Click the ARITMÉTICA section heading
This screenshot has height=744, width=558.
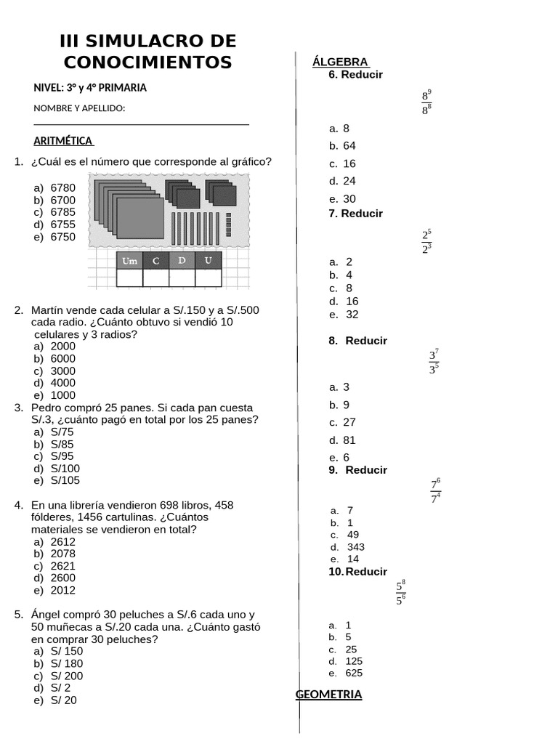pos(63,141)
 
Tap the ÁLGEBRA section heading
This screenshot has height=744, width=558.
pos(340,62)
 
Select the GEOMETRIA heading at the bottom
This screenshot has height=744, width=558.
pos(328,695)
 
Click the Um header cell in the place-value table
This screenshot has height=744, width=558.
pos(129,260)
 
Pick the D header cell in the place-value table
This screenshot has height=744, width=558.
pos(182,260)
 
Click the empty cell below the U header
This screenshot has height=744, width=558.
pos(208,278)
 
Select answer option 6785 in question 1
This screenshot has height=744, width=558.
pos(62,212)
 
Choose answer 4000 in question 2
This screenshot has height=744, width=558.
pos(62,383)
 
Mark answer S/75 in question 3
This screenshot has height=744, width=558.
pos(62,432)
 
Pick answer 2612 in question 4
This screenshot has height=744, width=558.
pos(62,541)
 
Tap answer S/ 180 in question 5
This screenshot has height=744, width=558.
pos(66,663)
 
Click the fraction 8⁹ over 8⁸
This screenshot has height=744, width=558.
pos(426,102)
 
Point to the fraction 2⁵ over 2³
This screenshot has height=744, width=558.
pos(426,242)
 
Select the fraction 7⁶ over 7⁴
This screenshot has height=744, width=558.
pos(435,491)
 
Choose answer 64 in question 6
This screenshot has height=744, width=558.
pos(349,145)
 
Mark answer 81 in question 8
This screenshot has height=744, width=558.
pos(349,440)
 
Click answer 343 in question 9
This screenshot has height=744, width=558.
pos(356,547)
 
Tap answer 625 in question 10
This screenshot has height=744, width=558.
pos(354,673)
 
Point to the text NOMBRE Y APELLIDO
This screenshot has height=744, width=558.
pos(79,108)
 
